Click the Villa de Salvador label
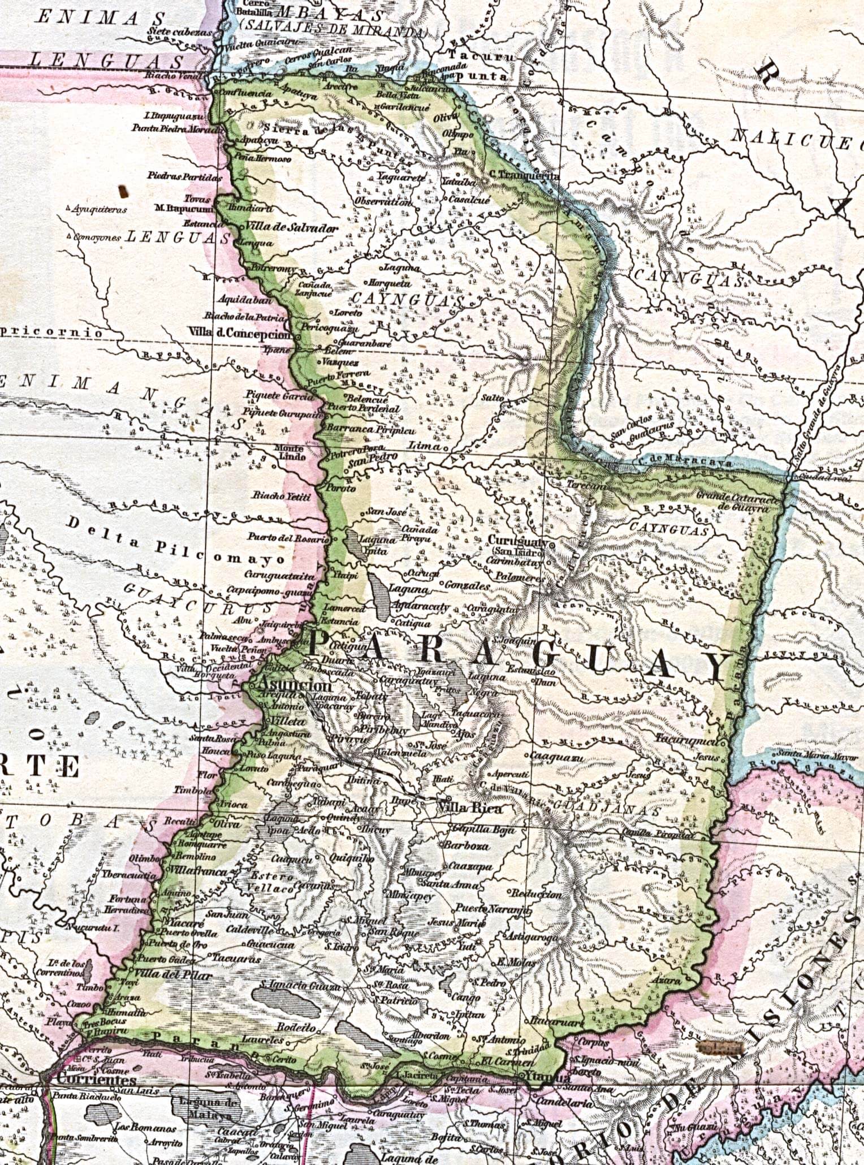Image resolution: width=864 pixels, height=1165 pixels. (x=291, y=228)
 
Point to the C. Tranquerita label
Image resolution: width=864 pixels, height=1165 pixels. (x=524, y=176)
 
